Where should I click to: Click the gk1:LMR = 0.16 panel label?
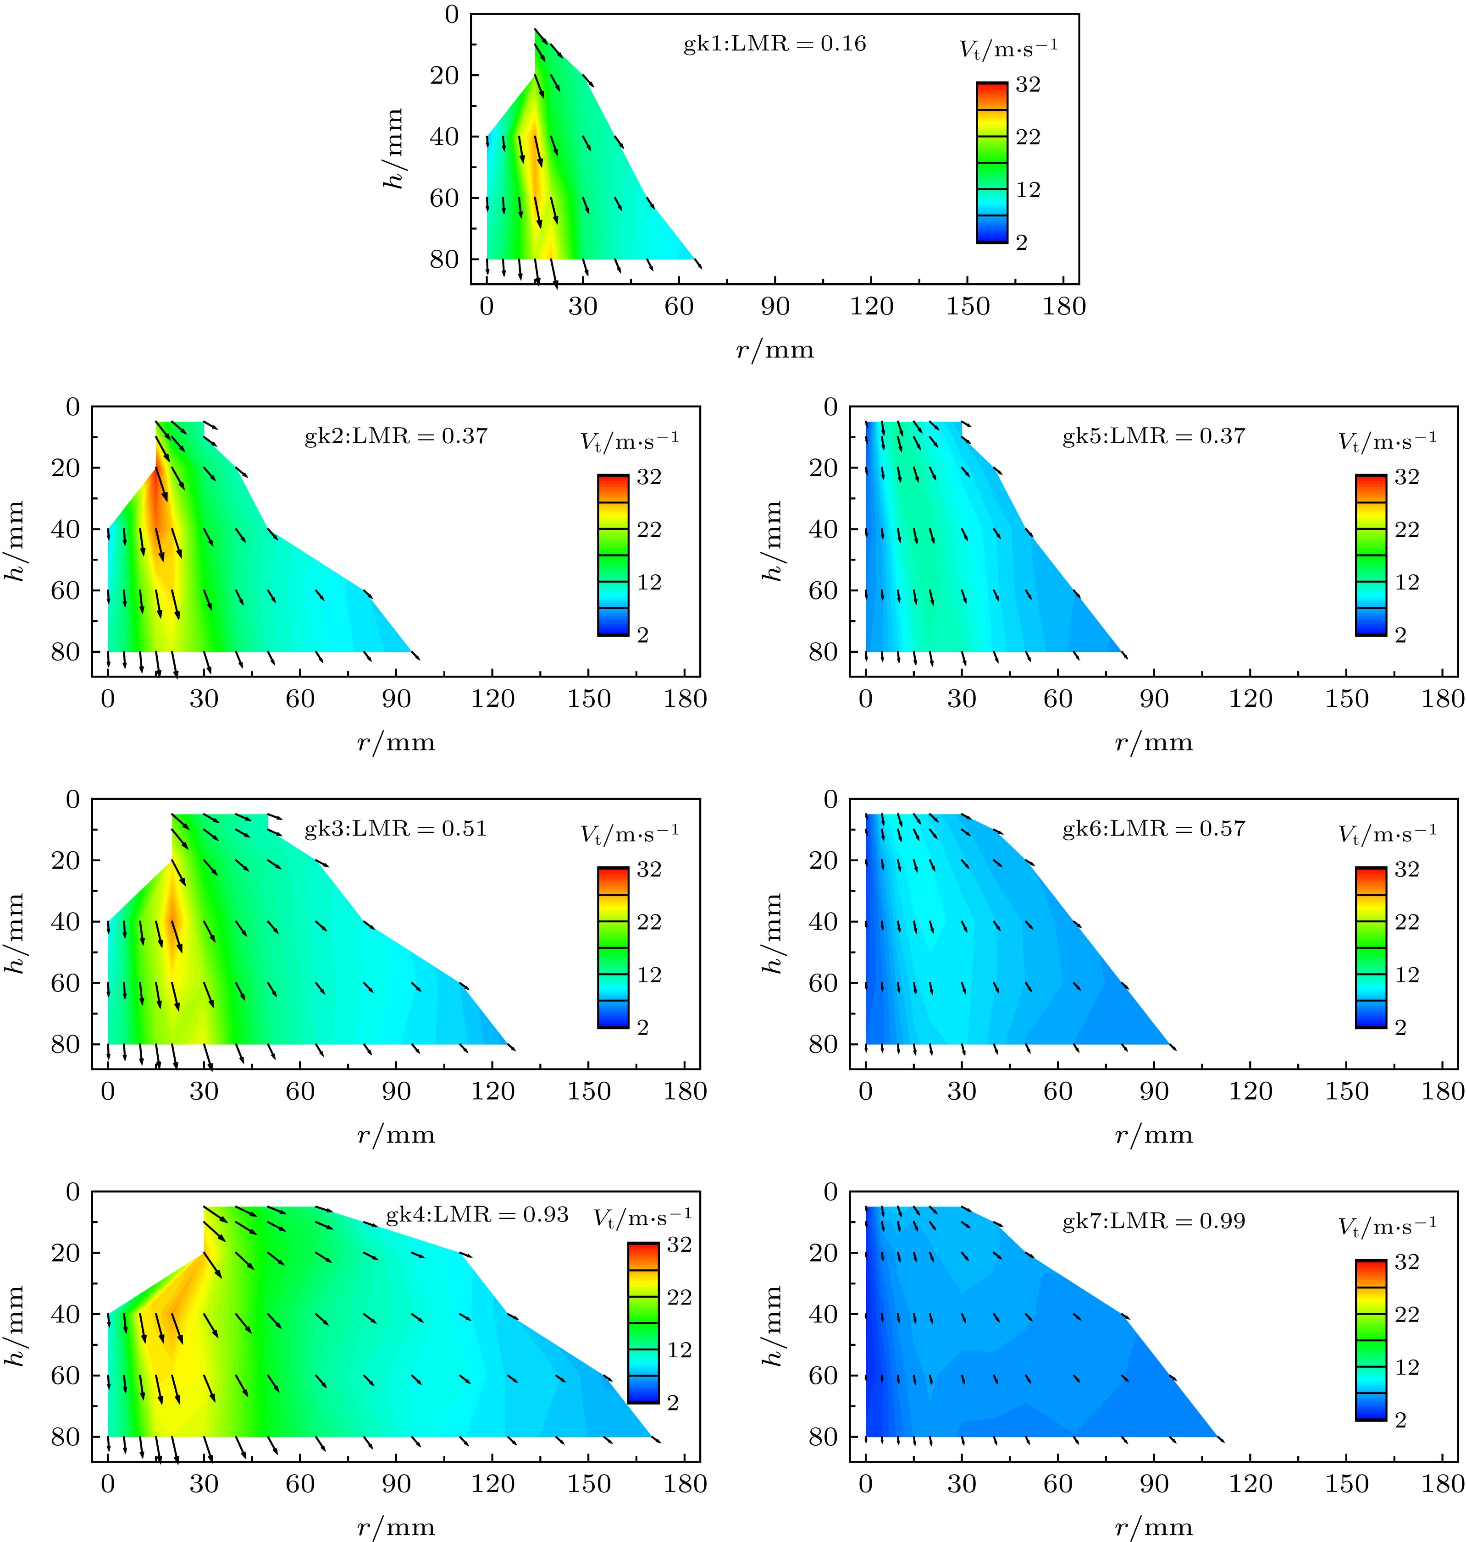pos(774,44)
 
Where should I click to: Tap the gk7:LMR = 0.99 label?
pos(1153,1221)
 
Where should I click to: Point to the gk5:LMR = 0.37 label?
pos(1153,436)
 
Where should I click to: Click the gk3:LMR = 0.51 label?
pos(395,828)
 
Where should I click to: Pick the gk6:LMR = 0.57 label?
pos(1153,828)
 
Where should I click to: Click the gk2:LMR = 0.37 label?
pos(395,436)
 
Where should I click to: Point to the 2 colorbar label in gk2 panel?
pos(642,635)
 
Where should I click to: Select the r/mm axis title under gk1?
pos(774,349)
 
